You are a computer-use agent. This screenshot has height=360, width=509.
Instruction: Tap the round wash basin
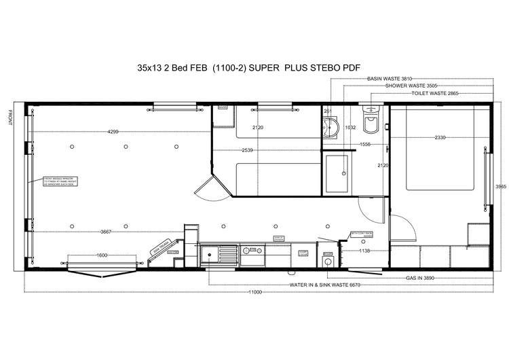[333, 127]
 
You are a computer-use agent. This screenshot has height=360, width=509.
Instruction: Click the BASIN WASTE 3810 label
[389, 79]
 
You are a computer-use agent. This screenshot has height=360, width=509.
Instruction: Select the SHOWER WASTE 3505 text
[411, 86]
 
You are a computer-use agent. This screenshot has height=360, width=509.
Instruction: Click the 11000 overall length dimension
[254, 291]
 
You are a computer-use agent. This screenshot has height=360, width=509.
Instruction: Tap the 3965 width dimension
[500, 186]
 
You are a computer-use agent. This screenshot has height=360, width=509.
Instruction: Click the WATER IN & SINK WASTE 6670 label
[324, 285]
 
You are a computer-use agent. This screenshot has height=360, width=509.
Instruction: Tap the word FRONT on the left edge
[10, 119]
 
